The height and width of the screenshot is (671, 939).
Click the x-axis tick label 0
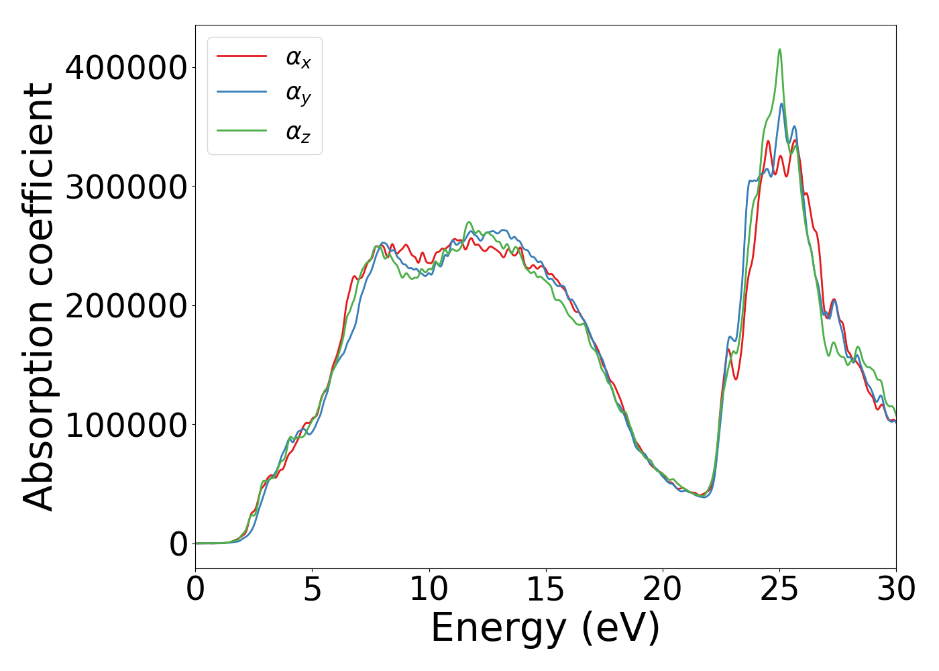coord(195,590)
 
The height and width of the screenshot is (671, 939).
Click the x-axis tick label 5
coord(312,590)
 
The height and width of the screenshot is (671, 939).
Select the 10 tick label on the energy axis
coord(429,590)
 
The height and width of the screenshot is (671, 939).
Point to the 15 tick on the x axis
coord(545,590)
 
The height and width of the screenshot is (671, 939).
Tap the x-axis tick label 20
coord(662,590)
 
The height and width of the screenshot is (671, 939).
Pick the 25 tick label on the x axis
coord(779,590)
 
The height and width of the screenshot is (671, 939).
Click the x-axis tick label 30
coord(896,590)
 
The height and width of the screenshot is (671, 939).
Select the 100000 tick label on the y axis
coord(126,425)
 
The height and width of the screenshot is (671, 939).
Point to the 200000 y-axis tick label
coord(126,306)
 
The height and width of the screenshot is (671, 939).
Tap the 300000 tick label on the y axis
coord(126,187)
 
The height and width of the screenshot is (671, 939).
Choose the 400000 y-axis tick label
coord(126,68)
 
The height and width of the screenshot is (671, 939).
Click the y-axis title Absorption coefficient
coord(38,297)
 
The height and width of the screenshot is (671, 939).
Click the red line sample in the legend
coord(241,56)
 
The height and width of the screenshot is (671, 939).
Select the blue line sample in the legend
coord(241,93)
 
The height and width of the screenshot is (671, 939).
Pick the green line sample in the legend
coord(241,131)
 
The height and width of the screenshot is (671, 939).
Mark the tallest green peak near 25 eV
coord(779,50)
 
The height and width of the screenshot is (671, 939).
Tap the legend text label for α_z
coord(298,132)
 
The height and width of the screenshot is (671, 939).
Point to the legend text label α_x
coord(298,58)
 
